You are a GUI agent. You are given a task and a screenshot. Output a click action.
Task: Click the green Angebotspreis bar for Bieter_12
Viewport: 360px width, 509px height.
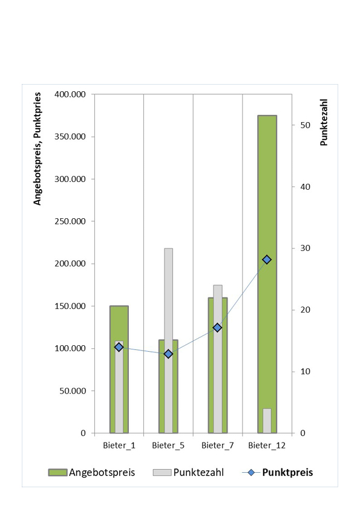[x=267, y=195]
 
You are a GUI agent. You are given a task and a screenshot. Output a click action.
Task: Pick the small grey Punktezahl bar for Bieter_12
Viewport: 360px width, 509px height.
[x=267, y=421]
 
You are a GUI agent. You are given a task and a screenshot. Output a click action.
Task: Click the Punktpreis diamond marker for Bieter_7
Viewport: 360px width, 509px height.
[x=217, y=328]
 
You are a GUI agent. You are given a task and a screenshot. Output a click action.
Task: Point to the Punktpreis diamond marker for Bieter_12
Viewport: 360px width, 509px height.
[x=267, y=259]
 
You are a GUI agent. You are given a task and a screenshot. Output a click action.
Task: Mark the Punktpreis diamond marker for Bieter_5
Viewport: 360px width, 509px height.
[x=168, y=354]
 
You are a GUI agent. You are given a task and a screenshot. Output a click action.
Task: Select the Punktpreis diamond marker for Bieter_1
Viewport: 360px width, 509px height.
[x=119, y=347]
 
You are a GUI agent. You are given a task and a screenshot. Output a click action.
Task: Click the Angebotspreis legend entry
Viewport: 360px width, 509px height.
[x=91, y=472]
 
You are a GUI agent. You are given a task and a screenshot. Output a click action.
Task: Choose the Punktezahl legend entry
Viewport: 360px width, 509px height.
[x=188, y=472]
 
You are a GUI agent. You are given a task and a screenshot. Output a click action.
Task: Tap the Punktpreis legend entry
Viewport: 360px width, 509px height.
[x=278, y=472]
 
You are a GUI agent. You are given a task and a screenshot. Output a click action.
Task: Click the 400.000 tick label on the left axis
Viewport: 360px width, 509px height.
[x=70, y=94]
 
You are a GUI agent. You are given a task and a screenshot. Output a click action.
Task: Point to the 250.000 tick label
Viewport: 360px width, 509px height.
[x=70, y=221]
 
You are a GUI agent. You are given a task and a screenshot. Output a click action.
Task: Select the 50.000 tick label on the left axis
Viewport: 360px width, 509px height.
[x=73, y=391]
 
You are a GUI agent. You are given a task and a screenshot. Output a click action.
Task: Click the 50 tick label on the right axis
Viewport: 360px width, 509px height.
[x=306, y=125]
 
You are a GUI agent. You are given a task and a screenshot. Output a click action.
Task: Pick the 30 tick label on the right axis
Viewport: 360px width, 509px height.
[x=306, y=248]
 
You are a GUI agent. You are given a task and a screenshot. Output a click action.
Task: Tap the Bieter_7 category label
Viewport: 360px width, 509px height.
[x=217, y=446]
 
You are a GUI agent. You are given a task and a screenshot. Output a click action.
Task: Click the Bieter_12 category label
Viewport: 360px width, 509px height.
[x=267, y=446]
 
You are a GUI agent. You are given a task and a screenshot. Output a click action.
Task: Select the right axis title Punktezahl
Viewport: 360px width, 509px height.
[x=324, y=122]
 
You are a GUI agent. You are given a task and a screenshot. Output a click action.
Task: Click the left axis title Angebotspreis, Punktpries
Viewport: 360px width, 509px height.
[x=38, y=149]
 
